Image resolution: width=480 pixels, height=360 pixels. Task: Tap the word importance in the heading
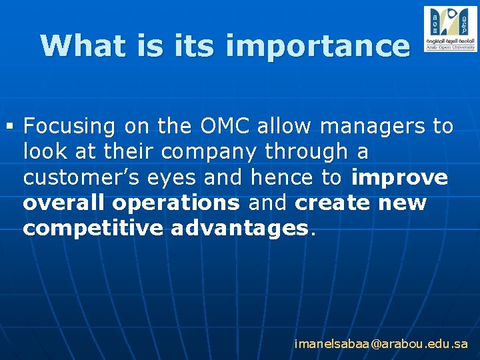(x=317, y=47)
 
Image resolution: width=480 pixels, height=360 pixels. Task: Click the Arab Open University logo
(x=450, y=29)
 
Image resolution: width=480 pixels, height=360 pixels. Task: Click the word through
(x=306, y=152)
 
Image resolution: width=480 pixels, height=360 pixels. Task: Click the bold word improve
(x=399, y=178)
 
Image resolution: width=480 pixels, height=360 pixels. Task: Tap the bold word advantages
(x=239, y=229)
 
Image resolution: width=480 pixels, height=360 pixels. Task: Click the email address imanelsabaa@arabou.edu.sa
(x=381, y=344)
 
